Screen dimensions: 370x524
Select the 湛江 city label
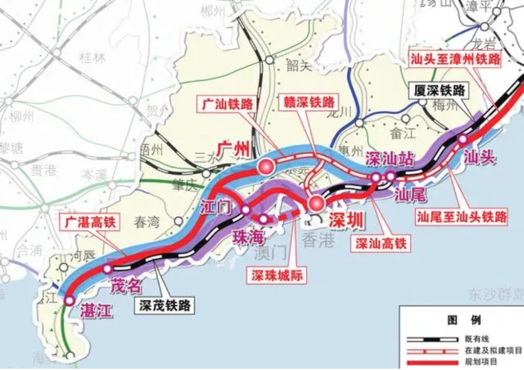[96, 311]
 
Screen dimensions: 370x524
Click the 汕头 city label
[479, 157]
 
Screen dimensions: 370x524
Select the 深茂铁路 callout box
[164, 306]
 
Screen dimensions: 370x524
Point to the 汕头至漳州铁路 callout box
[456, 59]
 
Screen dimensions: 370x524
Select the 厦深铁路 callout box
[439, 90]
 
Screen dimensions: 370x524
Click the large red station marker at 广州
[266, 167]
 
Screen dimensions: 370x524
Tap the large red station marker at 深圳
[315, 204]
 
